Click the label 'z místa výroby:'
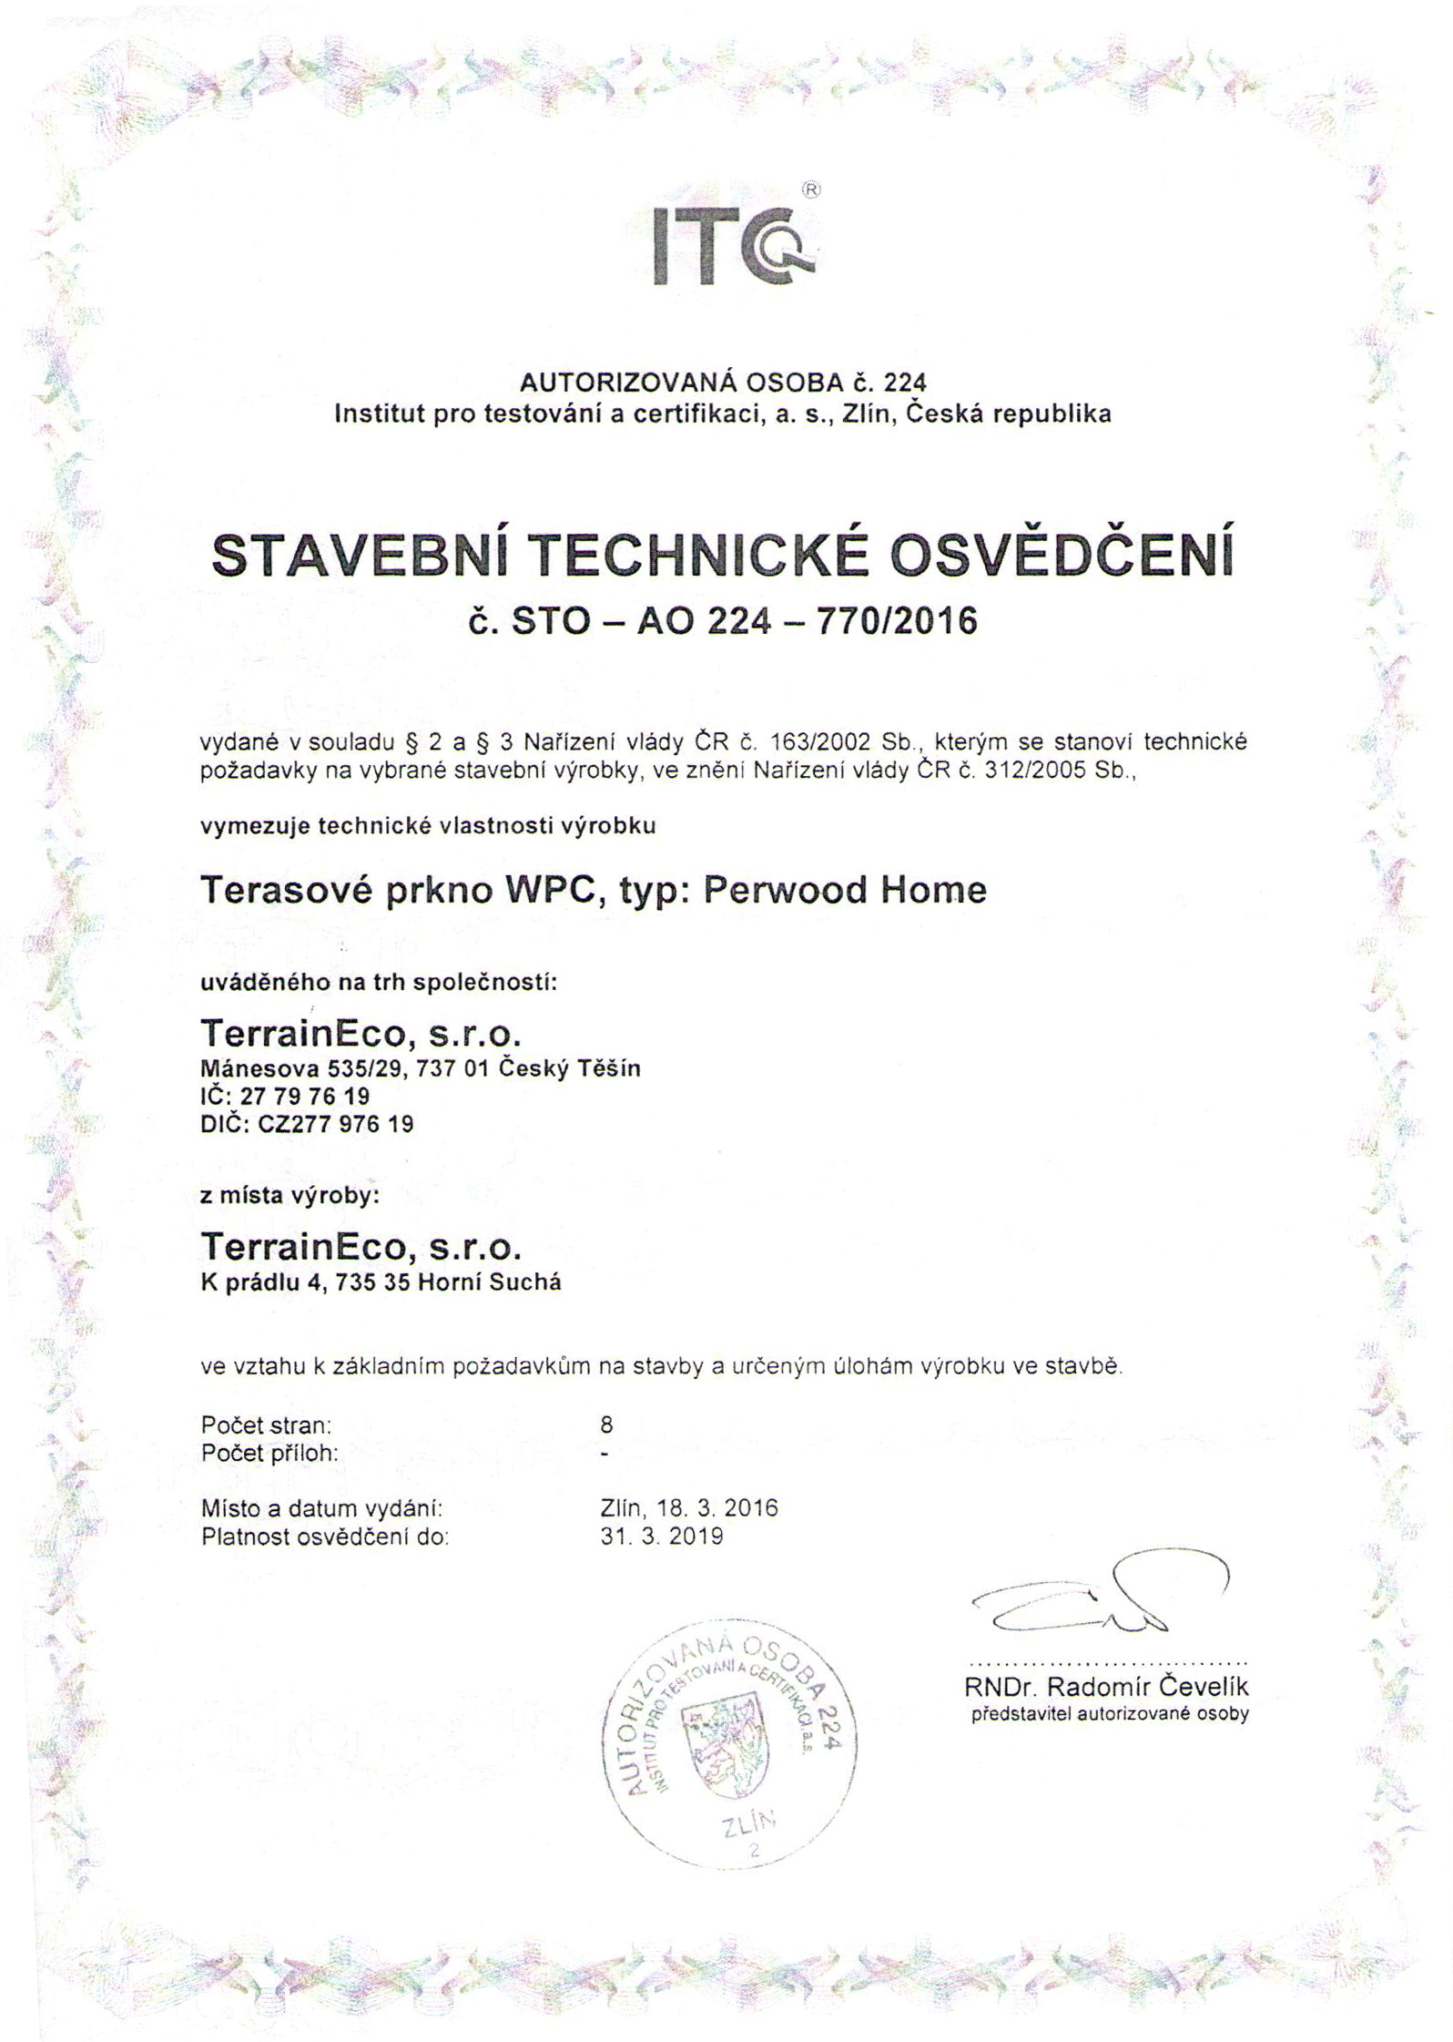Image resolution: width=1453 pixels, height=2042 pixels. coord(289,1196)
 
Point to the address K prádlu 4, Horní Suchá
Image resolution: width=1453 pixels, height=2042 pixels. coord(380,1282)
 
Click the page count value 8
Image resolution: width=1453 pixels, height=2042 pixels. coord(607,1424)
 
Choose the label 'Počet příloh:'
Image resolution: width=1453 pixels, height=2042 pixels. coord(269,1453)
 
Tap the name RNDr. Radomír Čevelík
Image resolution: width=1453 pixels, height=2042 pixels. coord(1106,1687)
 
